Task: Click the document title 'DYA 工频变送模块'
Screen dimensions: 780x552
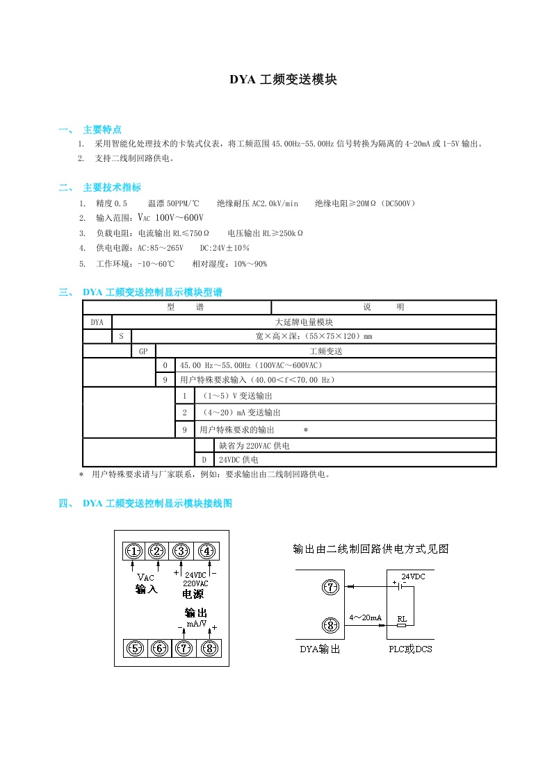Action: (284, 80)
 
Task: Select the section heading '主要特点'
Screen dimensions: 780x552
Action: (102, 130)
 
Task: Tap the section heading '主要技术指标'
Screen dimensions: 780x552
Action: (112, 188)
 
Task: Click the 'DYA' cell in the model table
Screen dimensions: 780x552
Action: (97, 322)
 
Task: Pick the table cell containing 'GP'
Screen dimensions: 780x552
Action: (143, 351)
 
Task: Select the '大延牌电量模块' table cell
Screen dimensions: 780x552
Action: (304, 322)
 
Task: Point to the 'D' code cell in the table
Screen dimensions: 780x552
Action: (204, 460)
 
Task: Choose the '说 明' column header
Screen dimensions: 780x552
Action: (383, 307)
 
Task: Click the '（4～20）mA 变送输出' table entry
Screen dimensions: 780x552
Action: (233, 412)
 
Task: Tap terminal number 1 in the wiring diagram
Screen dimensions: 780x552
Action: (134, 551)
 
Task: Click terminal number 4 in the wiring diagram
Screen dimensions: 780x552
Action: (206, 551)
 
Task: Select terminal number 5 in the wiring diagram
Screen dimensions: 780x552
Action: (134, 649)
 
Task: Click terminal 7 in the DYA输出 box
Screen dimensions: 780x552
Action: (330, 588)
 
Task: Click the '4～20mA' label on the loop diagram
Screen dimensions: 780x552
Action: (365, 617)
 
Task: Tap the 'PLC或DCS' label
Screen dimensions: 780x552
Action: (409, 650)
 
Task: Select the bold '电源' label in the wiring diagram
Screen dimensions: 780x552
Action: (193, 595)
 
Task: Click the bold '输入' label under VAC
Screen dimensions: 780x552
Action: (147, 589)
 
